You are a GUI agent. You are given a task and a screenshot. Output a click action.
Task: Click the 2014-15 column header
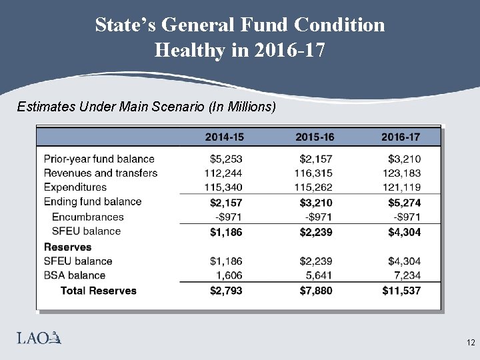pyautogui.click(x=224, y=137)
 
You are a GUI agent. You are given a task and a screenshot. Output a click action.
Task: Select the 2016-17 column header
pyautogui.click(x=401, y=137)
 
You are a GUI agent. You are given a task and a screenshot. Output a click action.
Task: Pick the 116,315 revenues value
pyautogui.click(x=313, y=173)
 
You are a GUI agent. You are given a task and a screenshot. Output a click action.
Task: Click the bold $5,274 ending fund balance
pyautogui.click(x=402, y=202)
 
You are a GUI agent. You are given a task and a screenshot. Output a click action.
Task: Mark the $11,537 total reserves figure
pyautogui.click(x=401, y=291)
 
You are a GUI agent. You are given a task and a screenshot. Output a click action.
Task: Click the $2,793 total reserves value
pyautogui.click(x=226, y=291)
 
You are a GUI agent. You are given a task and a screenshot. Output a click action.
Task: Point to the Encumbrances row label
pyautogui.click(x=87, y=217)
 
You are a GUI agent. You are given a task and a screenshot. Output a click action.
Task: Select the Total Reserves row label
pyautogui.click(x=98, y=291)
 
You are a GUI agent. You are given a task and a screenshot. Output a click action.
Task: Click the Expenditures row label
pyautogui.click(x=75, y=187)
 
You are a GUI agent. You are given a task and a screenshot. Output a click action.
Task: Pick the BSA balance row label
pyautogui.click(x=74, y=275)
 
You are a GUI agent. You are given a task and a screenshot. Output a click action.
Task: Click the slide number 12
pyautogui.click(x=470, y=343)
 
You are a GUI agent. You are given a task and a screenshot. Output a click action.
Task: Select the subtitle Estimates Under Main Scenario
pyautogui.click(x=146, y=107)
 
